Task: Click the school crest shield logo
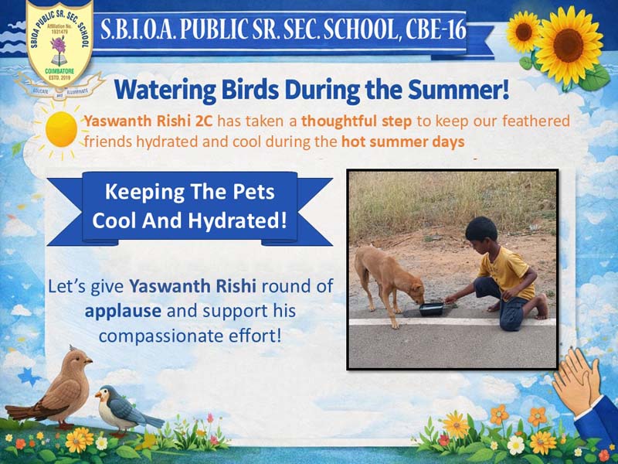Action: pyautogui.click(x=59, y=41)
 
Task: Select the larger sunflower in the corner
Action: pyautogui.click(x=568, y=46)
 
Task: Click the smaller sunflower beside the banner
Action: pyautogui.click(x=523, y=32)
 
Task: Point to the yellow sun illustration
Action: pyautogui.click(x=61, y=129)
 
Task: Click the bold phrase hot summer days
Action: pyautogui.click(x=402, y=142)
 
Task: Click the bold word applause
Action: pyautogui.click(x=123, y=312)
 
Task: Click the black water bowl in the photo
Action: pyautogui.click(x=431, y=309)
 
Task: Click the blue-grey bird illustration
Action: pyautogui.click(x=126, y=411)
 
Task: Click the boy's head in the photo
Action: pyautogui.click(x=481, y=234)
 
